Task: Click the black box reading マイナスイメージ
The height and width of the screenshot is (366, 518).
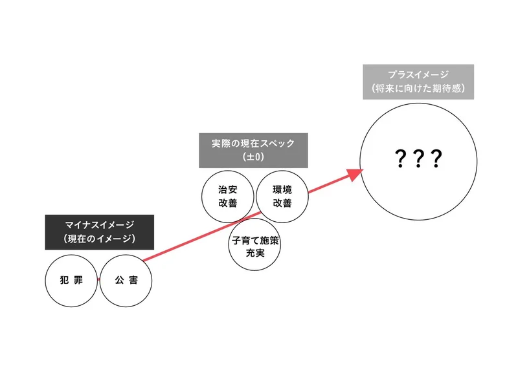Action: click(x=100, y=232)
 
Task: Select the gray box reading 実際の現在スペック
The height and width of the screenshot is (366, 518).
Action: click(x=253, y=151)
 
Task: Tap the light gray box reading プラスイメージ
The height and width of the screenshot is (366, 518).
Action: click(x=418, y=82)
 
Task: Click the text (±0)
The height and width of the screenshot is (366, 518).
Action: click(x=253, y=156)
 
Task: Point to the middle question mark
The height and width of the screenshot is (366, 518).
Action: click(x=418, y=158)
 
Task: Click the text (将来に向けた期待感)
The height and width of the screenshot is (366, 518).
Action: click(x=418, y=88)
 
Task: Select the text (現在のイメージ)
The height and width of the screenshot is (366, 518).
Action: click(x=100, y=239)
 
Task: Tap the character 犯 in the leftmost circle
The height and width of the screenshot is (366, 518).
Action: click(x=64, y=280)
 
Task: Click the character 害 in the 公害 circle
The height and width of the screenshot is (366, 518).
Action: click(x=133, y=280)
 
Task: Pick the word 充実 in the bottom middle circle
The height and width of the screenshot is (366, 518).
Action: click(x=255, y=253)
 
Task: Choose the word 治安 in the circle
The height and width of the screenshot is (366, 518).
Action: click(x=228, y=189)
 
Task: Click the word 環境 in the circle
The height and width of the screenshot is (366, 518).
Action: click(x=282, y=189)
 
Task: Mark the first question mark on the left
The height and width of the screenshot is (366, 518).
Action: click(x=400, y=158)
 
